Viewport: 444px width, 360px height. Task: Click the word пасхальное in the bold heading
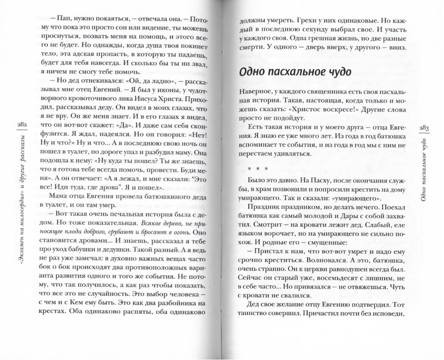pos(287,71)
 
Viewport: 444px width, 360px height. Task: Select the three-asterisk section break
pos(254,168)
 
